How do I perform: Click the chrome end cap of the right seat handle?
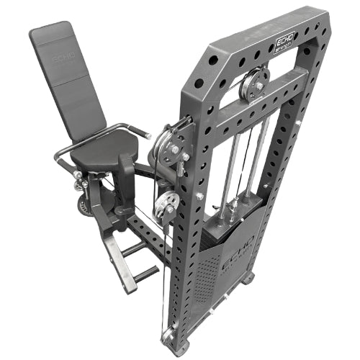point(147,135)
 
